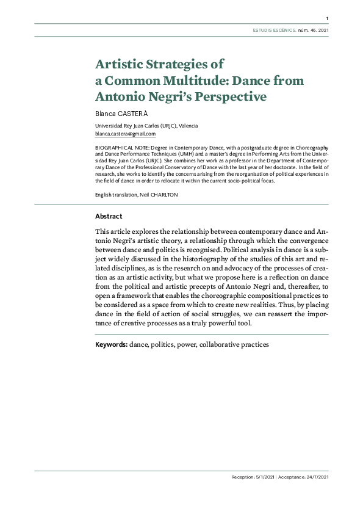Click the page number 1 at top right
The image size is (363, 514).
click(x=328, y=18)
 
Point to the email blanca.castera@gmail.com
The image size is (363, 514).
click(x=125, y=134)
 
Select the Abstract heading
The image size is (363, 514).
click(x=109, y=216)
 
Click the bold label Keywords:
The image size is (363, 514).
click(x=111, y=345)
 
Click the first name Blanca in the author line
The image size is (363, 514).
click(x=105, y=114)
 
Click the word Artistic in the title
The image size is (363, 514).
click(x=122, y=64)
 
